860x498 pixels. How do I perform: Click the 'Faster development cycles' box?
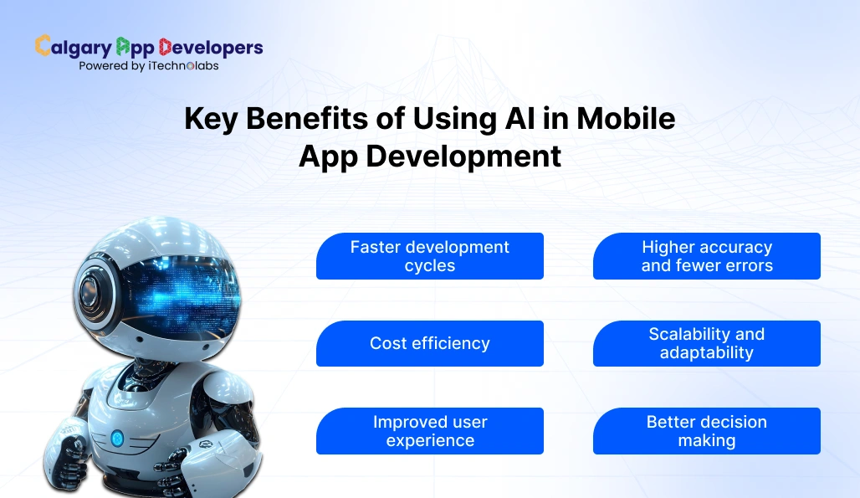[x=429, y=256]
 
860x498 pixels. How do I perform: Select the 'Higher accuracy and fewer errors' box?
[x=706, y=256]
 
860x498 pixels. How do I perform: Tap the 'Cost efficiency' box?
[x=429, y=343]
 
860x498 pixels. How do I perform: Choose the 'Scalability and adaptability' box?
[x=706, y=343]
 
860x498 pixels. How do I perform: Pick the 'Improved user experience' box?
[x=429, y=431]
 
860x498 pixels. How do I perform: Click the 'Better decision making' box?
[x=706, y=431]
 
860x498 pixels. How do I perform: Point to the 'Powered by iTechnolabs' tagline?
[x=148, y=65]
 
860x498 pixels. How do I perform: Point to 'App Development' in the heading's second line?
[x=429, y=156]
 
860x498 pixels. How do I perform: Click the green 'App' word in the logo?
[x=135, y=47]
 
